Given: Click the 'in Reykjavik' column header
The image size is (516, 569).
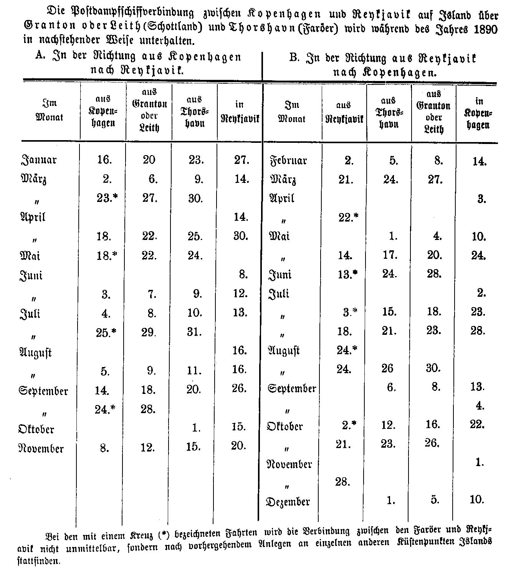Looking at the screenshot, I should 240,111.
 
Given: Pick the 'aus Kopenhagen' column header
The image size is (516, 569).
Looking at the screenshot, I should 103,111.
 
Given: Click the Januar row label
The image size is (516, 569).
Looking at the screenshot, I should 38,159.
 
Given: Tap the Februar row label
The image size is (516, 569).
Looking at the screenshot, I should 288,160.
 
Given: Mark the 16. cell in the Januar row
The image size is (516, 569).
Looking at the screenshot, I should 104,159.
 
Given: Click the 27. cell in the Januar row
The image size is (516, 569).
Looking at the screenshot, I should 241,159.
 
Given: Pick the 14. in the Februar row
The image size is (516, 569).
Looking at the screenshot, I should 479,161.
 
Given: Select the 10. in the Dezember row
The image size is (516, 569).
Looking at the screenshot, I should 477,500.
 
